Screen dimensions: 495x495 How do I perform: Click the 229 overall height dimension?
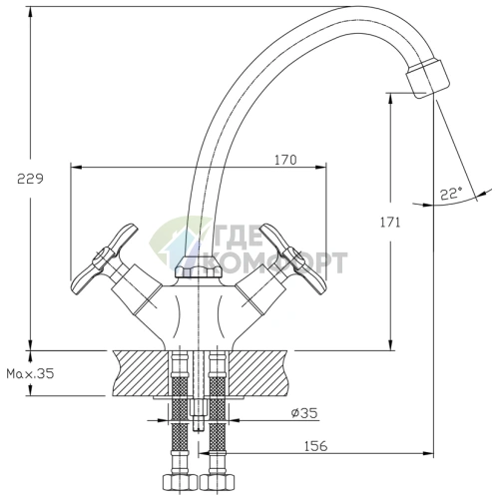click(30, 180)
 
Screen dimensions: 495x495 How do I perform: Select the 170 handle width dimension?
click(285, 160)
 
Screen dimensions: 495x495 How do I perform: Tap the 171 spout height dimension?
click(390, 223)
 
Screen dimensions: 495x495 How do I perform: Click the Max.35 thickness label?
click(30, 374)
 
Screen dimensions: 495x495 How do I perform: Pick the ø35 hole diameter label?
click(304, 413)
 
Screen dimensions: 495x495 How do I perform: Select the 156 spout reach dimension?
click(315, 446)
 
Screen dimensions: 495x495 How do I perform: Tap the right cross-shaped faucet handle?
click(293, 258)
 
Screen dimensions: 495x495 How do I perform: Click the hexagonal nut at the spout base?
click(198, 267)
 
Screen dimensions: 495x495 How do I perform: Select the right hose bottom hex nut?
click(218, 482)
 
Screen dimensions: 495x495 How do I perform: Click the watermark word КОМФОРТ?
click(278, 262)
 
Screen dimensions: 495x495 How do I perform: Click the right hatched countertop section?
click(258, 373)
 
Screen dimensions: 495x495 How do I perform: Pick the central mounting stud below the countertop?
click(198, 415)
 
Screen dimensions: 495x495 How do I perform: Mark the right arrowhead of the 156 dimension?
click(428, 453)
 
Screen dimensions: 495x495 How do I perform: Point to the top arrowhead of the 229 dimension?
click(31, 13)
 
